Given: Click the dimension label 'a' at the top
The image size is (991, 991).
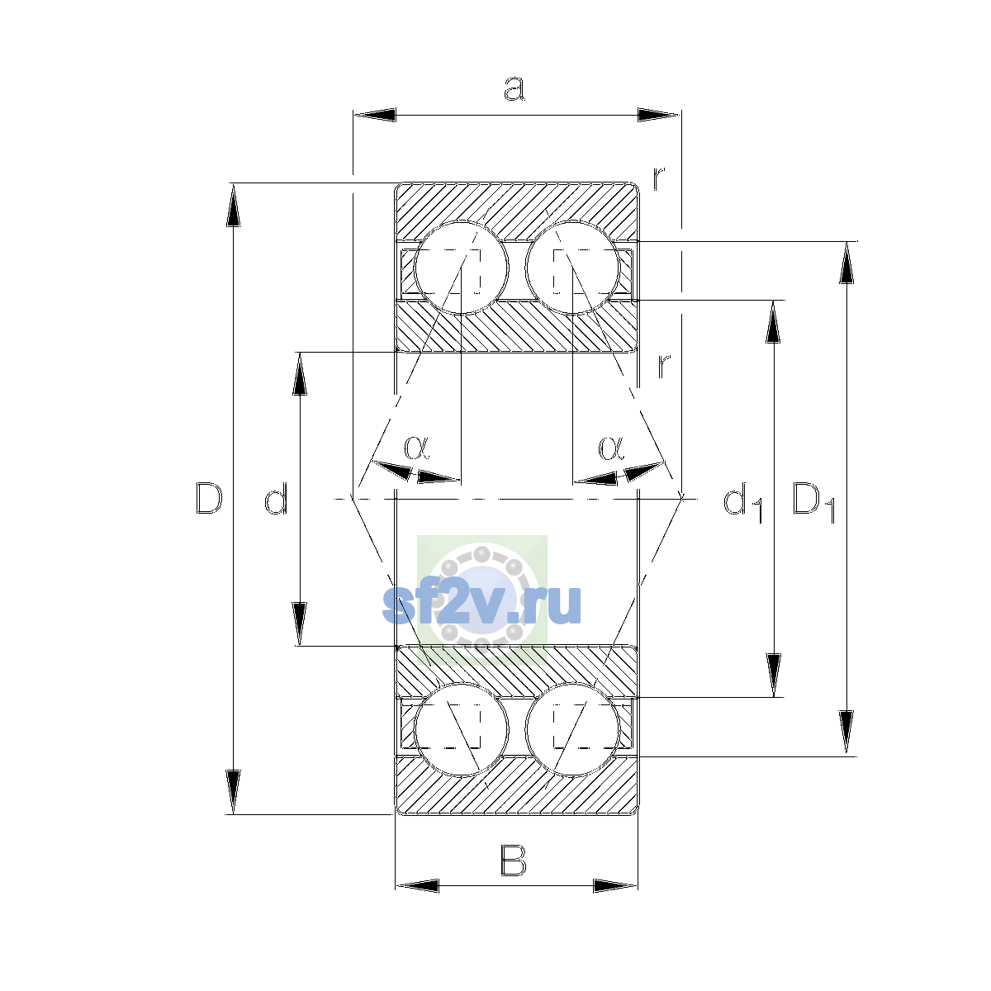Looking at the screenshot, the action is tap(514, 88).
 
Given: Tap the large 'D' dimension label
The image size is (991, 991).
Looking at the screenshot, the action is tap(209, 498).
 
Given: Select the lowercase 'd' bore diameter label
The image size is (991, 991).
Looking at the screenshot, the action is tap(276, 498).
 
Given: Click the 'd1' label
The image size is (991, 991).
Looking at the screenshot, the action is tap(742, 502).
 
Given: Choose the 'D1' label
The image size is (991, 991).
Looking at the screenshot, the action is tap(814, 502).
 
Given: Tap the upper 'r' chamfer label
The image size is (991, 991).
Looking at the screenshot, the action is tap(659, 178).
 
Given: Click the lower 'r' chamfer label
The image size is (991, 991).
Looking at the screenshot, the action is tap(664, 366).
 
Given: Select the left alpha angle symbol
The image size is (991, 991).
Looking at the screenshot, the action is tap(416, 448).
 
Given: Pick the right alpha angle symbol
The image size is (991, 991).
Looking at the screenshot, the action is tap(611, 448).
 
